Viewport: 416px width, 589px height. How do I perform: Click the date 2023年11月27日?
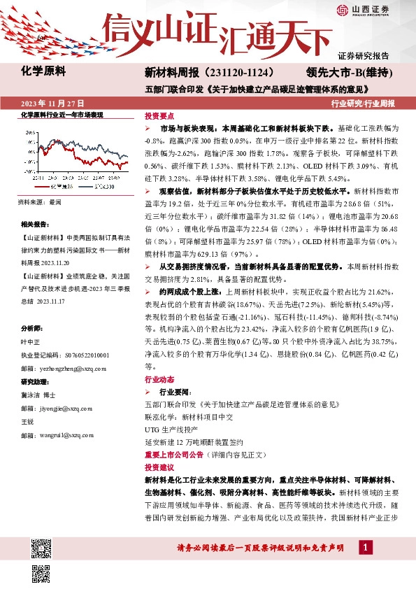pyautogui.click(x=54, y=104)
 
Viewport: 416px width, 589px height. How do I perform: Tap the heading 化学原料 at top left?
pyautogui.click(x=43, y=71)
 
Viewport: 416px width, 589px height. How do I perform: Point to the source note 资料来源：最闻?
pyautogui.click(x=39, y=202)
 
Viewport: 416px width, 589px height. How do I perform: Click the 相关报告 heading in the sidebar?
pyautogui.click(x=34, y=224)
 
